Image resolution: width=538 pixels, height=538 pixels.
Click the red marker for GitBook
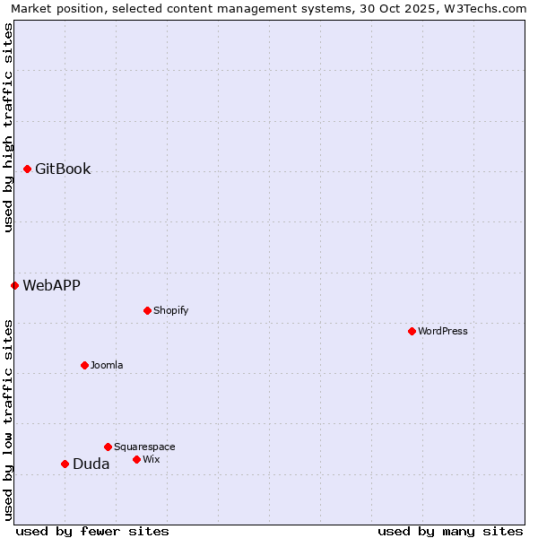(x=27, y=169)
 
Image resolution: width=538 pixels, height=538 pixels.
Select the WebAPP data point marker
(x=14, y=285)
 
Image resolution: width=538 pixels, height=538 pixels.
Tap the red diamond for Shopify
(x=147, y=310)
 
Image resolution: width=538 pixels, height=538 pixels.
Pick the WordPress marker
(x=412, y=331)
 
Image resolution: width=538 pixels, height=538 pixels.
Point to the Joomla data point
(x=84, y=365)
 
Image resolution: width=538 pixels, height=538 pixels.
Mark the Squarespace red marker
(x=108, y=447)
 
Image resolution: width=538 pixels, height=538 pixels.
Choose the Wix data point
(x=136, y=459)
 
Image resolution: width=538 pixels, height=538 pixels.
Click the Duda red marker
(x=65, y=464)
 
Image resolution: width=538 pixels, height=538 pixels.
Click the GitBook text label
(x=63, y=169)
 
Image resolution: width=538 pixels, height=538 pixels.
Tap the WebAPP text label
(x=51, y=285)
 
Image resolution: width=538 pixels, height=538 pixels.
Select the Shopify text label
(x=170, y=310)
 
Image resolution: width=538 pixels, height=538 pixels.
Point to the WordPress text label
(x=442, y=331)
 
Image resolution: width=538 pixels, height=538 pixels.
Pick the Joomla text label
(x=107, y=365)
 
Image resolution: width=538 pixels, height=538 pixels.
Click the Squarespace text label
(x=144, y=447)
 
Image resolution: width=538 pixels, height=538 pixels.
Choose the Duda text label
(x=91, y=464)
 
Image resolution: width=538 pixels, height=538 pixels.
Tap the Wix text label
(x=151, y=459)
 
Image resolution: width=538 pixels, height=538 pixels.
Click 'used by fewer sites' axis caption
(x=92, y=531)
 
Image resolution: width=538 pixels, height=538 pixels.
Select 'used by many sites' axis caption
(x=450, y=531)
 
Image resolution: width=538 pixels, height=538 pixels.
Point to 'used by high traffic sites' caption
(x=9, y=127)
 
